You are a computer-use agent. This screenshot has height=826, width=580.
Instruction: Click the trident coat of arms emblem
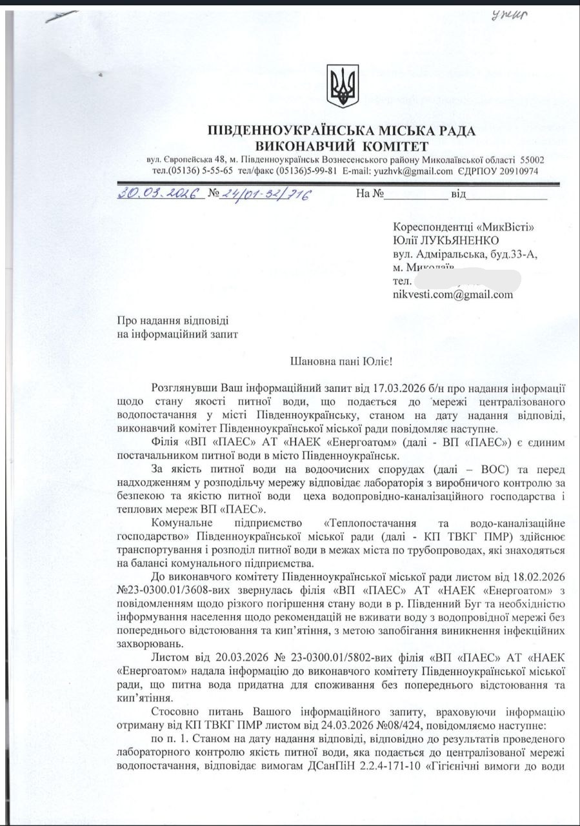click(x=342, y=86)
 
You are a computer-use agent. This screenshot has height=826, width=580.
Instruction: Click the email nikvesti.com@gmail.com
click(x=452, y=294)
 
